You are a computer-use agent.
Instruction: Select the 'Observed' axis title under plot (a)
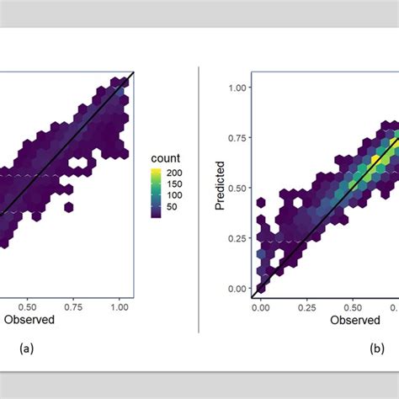(x=30, y=319)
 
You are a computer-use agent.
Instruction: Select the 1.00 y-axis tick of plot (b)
(x=237, y=88)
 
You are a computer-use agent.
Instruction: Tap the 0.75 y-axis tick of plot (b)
(x=237, y=137)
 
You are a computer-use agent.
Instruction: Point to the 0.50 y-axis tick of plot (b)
(x=237, y=188)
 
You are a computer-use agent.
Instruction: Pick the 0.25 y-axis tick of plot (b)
(x=237, y=238)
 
